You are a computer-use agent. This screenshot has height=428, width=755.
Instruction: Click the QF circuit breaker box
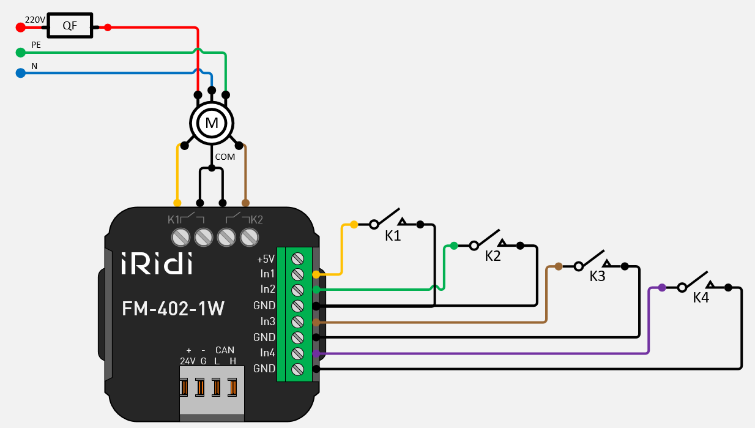tap(70, 26)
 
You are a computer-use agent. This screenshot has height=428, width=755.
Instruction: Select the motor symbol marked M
tap(212, 123)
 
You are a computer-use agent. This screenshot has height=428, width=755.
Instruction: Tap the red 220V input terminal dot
tap(20, 27)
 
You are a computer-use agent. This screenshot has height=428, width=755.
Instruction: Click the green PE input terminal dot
tap(20, 53)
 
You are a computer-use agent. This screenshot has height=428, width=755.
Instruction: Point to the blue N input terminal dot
tap(20, 73)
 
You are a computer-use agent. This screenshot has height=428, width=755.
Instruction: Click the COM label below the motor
tap(225, 157)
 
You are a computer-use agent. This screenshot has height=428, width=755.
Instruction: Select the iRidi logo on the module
tap(157, 263)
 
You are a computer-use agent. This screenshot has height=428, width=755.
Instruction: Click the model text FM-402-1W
tap(173, 309)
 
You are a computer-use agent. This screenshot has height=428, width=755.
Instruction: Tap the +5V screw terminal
tap(298, 258)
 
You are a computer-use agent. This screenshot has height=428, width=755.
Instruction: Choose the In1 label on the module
tap(268, 274)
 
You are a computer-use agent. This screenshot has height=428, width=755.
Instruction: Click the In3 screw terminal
tap(298, 321)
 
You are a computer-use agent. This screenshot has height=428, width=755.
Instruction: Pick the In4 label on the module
tap(268, 353)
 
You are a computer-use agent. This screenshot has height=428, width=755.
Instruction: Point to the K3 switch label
tap(597, 276)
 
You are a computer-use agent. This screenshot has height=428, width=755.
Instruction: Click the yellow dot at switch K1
tap(354, 225)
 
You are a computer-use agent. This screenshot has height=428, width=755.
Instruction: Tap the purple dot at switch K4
tap(662, 287)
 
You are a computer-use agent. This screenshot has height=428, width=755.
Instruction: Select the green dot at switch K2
tap(453, 246)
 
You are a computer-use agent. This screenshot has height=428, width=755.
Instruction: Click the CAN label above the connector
tap(225, 350)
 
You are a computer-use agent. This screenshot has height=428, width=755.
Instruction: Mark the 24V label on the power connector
tap(187, 361)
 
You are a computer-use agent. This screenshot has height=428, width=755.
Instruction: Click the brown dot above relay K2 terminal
tap(246, 203)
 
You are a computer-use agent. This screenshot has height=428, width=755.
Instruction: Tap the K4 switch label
tap(701, 298)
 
